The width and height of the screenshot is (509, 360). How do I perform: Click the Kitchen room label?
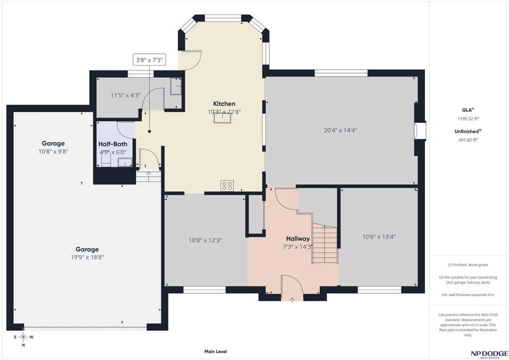(x=224, y=104)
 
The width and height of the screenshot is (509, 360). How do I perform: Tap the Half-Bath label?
(x=113, y=144)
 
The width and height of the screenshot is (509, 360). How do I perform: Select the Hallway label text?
(x=298, y=239)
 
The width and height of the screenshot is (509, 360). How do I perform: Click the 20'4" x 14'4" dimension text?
(x=340, y=130)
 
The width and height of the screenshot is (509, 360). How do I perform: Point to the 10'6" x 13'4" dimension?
(x=379, y=237)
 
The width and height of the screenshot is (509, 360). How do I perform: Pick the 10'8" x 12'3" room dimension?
(x=205, y=241)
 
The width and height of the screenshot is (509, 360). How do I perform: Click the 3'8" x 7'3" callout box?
(x=149, y=60)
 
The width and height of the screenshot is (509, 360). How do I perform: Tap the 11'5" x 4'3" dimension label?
(x=126, y=95)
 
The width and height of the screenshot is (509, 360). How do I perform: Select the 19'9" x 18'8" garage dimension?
(x=87, y=258)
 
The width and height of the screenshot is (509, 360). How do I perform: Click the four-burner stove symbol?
(x=227, y=185)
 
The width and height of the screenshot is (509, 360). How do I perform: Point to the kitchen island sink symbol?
(x=222, y=118)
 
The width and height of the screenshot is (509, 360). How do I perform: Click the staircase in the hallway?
(x=325, y=244)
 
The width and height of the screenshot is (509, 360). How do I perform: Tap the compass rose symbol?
(x=23, y=337)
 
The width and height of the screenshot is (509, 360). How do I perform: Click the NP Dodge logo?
(x=489, y=354)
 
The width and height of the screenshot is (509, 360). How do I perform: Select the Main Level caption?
(x=216, y=352)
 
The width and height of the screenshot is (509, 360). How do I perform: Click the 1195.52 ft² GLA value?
(x=468, y=119)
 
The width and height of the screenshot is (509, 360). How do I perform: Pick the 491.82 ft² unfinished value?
(x=468, y=140)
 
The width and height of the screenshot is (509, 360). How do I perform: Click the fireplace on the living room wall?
(x=420, y=130)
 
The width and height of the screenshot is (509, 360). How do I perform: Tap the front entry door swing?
(x=292, y=286)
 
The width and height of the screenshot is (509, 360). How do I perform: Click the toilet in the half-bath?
(x=106, y=160)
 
